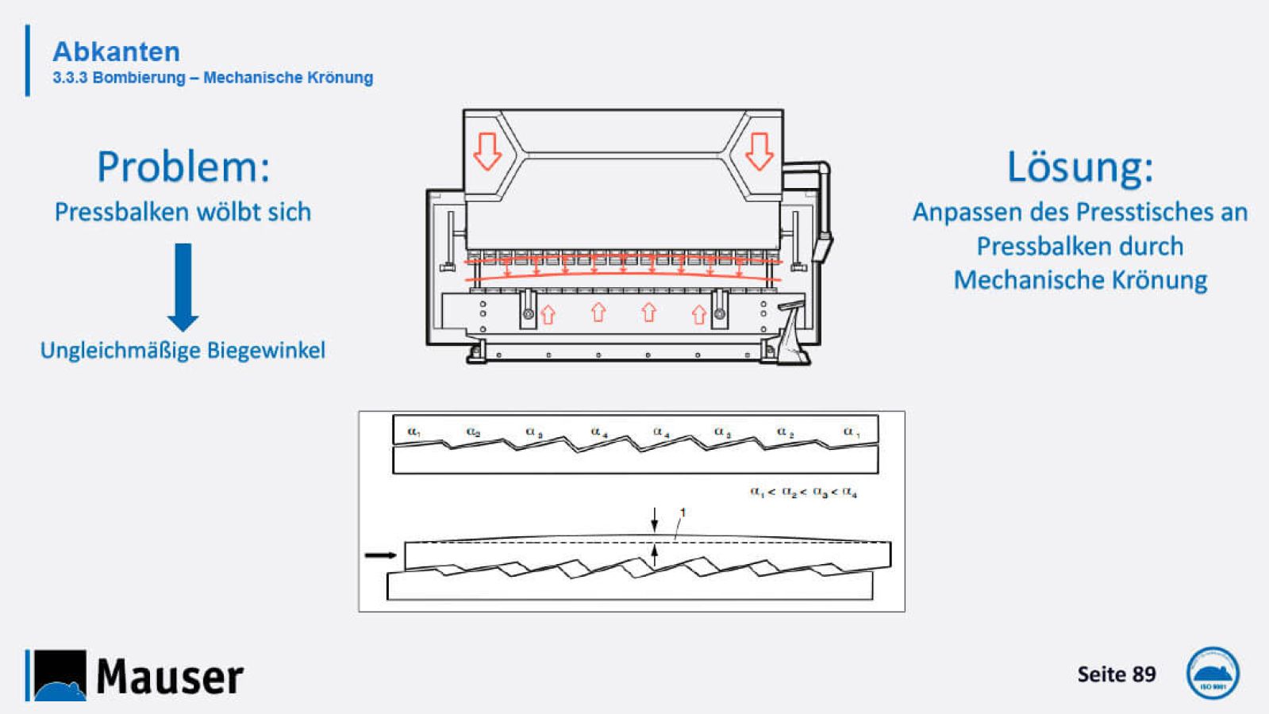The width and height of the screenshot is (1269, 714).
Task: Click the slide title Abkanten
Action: pyautogui.click(x=116, y=52)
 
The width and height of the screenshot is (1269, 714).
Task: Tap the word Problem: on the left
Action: pyautogui.click(x=183, y=167)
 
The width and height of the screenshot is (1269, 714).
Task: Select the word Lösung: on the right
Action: pyautogui.click(x=1079, y=167)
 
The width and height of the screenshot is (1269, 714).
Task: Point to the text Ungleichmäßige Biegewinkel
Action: pyautogui.click(x=183, y=350)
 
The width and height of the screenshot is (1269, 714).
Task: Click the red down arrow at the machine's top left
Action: pyautogui.click(x=487, y=151)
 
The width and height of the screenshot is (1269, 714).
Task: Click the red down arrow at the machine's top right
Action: pyautogui.click(x=759, y=151)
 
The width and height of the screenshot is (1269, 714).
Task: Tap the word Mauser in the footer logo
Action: pyautogui.click(x=170, y=677)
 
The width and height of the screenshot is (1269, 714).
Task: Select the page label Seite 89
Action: pyautogui.click(x=1116, y=674)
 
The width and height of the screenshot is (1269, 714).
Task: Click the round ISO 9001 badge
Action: pyautogui.click(x=1212, y=674)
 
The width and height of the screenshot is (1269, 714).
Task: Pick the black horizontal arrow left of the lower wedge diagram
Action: pyautogui.click(x=380, y=555)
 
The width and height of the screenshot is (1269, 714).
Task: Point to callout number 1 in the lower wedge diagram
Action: pyautogui.click(x=683, y=513)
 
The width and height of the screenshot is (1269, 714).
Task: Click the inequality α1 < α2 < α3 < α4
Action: pyautogui.click(x=803, y=493)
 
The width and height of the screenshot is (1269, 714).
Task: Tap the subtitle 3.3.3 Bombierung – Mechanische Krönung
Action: pyautogui.click(x=213, y=78)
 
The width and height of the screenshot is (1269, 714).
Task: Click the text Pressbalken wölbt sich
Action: pyautogui.click(x=183, y=212)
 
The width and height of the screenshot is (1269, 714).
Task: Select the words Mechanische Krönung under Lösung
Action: pyautogui.click(x=1080, y=280)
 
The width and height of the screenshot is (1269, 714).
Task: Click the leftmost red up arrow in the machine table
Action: pyautogui.click(x=548, y=315)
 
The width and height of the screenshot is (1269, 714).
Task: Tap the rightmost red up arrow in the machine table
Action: pyautogui.click(x=698, y=315)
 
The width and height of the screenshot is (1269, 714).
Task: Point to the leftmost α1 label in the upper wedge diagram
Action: pyautogui.click(x=414, y=432)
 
